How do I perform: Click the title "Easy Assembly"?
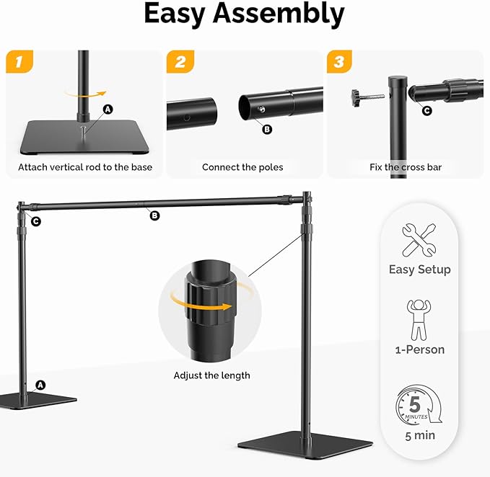coord(244,14)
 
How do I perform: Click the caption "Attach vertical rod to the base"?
coord(84,167)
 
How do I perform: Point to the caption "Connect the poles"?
coord(242,167)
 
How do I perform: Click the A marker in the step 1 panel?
coord(108,109)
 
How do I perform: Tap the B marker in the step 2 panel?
coord(267,129)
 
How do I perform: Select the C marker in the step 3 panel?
coord(426,110)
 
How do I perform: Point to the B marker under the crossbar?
coord(154,215)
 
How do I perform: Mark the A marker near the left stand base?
coord(40,385)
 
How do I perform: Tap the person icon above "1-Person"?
coord(419,321)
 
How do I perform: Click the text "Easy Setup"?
coord(419,269)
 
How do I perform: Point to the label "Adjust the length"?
coord(211,375)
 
